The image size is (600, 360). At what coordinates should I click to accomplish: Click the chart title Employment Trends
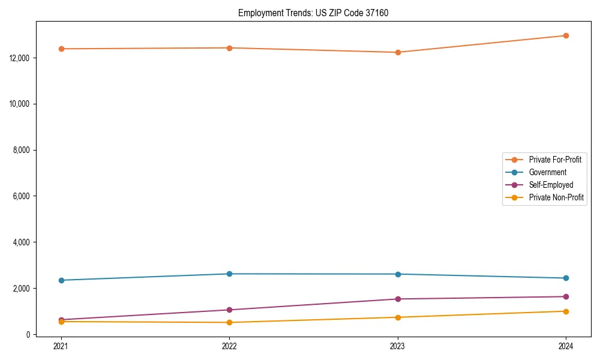(x=313, y=13)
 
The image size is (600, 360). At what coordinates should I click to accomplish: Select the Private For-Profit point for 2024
(x=566, y=35)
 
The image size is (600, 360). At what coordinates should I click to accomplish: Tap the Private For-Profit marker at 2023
(x=398, y=52)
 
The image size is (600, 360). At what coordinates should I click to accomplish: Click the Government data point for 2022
(x=229, y=274)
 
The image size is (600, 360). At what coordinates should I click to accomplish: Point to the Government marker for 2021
(x=61, y=280)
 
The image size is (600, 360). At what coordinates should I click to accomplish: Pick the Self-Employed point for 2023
(x=398, y=299)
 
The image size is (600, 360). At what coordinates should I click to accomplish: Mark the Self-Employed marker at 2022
(x=229, y=310)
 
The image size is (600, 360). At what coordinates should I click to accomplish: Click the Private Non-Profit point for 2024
(x=566, y=311)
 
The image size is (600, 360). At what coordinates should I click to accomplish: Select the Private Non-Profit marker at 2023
(x=398, y=317)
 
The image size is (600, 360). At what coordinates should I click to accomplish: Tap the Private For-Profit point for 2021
(x=61, y=49)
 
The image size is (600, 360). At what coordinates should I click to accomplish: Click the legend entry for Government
(x=547, y=172)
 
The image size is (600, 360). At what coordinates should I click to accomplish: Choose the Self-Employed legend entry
(x=551, y=185)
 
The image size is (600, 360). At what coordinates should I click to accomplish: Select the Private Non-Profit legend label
(x=556, y=197)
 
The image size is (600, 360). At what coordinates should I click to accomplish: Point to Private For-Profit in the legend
(x=554, y=160)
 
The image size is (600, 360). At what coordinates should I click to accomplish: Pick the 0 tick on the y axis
(x=28, y=334)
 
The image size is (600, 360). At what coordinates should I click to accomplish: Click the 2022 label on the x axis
(x=229, y=346)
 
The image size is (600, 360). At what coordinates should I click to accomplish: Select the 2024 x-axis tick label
(x=566, y=346)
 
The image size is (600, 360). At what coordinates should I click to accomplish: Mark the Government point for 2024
(x=566, y=278)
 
